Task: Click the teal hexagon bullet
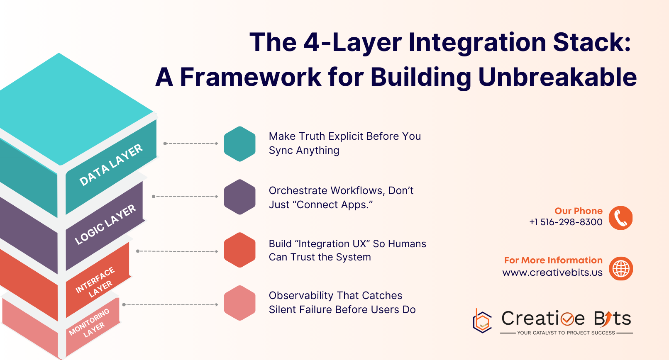[x=239, y=144]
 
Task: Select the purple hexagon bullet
[x=239, y=197]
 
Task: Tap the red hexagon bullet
[x=239, y=250]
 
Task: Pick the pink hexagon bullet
[x=239, y=303]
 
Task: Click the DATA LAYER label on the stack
[x=111, y=165]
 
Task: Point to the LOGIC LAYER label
[x=105, y=224]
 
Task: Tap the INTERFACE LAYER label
[x=95, y=282]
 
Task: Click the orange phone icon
[x=620, y=218]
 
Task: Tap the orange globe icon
[x=621, y=268]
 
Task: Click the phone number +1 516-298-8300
[x=566, y=222]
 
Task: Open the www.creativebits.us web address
[x=552, y=272]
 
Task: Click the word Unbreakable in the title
[x=557, y=77]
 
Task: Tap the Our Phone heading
[x=579, y=211]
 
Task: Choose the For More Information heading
[x=553, y=260]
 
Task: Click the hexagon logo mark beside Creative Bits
[x=482, y=321]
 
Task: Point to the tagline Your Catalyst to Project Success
[x=566, y=333]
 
